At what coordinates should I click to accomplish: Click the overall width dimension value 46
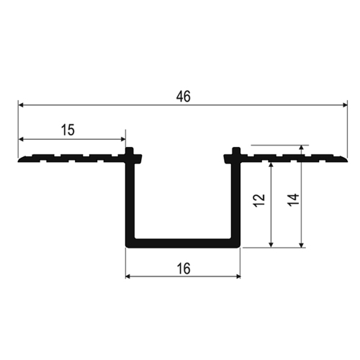[x=183, y=96]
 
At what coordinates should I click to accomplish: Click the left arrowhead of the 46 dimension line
[x=22, y=105]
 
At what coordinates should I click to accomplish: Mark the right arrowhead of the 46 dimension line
[x=343, y=105]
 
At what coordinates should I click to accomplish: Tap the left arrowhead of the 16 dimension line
[x=130, y=276]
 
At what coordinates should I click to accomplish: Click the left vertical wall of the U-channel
[x=131, y=202]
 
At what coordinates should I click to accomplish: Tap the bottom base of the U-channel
[x=183, y=243]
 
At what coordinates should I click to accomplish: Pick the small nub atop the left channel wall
[x=130, y=151]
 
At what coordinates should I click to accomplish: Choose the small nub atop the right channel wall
[x=235, y=151]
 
